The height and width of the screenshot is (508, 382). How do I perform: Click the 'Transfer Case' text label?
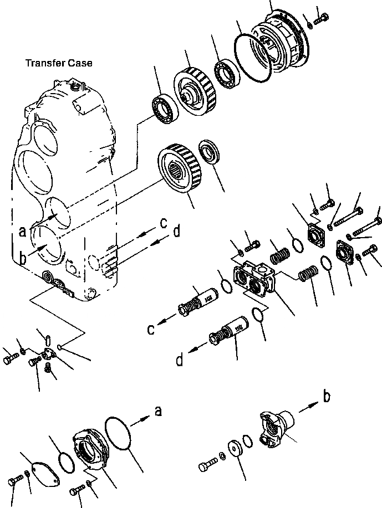[59, 63]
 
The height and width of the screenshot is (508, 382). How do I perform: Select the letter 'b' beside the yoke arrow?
[327, 396]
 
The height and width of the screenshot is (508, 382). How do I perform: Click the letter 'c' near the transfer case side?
[163, 223]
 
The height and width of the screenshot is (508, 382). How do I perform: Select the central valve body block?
[254, 276]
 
